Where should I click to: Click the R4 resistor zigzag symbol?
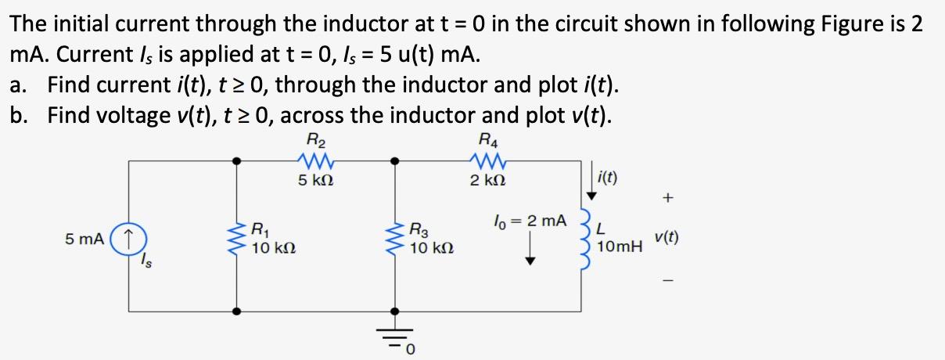[x=489, y=160]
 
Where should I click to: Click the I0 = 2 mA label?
[x=530, y=221]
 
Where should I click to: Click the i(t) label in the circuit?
[x=607, y=178]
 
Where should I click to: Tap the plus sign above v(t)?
[x=667, y=200]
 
